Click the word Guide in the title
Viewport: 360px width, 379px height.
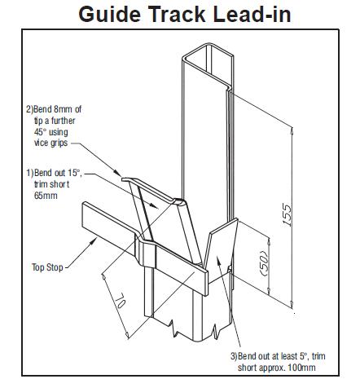click(109, 14)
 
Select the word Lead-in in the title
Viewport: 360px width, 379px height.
click(252, 14)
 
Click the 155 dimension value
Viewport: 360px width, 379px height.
click(287, 214)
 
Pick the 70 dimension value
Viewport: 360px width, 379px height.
click(120, 300)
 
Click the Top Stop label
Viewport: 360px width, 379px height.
click(47, 267)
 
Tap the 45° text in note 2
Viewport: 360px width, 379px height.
click(40, 132)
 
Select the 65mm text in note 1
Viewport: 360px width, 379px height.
click(46, 196)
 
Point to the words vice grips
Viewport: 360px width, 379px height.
click(50, 143)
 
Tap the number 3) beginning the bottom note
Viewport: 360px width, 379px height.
click(234, 356)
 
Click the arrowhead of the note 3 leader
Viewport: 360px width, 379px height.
click(217, 259)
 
